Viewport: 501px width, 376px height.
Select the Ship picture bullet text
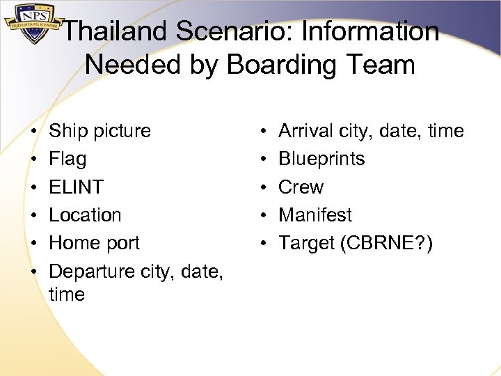pyautogui.click(x=100, y=131)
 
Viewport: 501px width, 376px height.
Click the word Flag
pyautogui.click(x=67, y=159)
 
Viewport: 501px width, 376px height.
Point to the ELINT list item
pyautogui.click(x=76, y=187)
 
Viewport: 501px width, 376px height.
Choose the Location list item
pyautogui.click(x=85, y=214)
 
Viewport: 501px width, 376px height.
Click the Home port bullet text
pyautogui.click(x=94, y=242)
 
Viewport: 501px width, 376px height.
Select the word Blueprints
pyautogui.click(x=321, y=159)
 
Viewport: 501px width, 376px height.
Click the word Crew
pyautogui.click(x=301, y=187)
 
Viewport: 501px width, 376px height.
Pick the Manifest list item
pyautogui.click(x=315, y=214)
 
